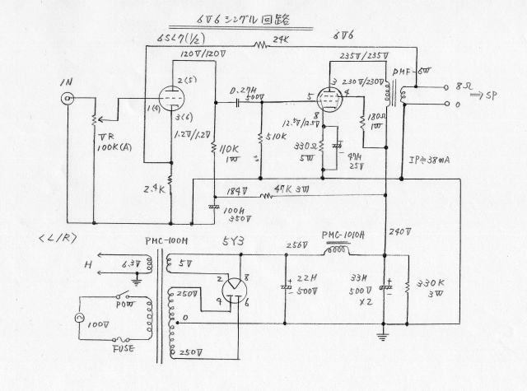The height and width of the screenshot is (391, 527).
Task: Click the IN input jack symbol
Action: coord(66,101)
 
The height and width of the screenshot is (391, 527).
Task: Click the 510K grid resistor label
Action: coord(280,137)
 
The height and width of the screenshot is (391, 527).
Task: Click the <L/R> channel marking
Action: coord(58,239)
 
